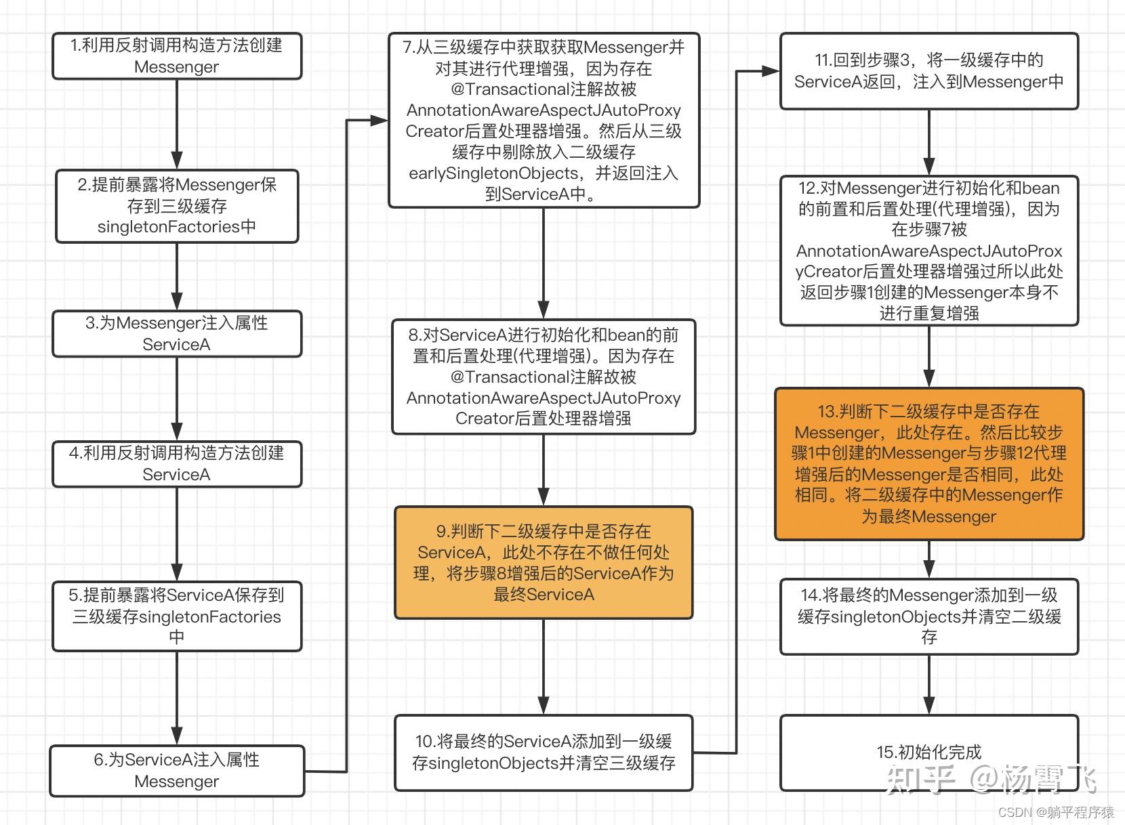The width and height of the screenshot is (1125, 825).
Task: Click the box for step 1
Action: pos(177,56)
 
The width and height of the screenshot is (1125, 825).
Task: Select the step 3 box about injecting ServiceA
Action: pos(177,334)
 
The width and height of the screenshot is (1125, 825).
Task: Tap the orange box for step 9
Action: pos(544,563)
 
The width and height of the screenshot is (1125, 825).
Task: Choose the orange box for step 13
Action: pos(929,464)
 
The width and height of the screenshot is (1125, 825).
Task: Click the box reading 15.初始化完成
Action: pos(929,753)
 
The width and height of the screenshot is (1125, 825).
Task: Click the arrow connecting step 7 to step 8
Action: pos(544,263)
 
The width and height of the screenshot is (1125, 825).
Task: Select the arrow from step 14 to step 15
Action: pos(929,685)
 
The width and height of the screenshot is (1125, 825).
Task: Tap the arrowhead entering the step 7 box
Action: pos(380,121)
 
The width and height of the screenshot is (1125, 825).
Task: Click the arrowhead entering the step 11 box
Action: pos(771,71)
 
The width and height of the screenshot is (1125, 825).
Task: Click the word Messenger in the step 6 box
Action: pos(177,782)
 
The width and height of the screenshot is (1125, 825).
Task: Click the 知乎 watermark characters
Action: pos(920,780)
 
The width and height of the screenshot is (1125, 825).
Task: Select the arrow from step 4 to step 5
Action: pos(177,534)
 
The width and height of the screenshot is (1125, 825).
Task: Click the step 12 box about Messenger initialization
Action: pos(929,251)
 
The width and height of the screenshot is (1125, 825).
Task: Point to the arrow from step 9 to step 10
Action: pos(544,667)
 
